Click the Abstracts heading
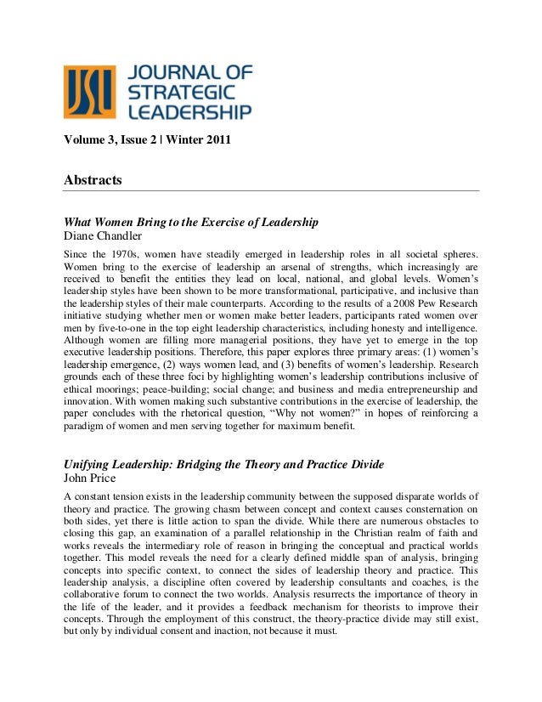(93, 180)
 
